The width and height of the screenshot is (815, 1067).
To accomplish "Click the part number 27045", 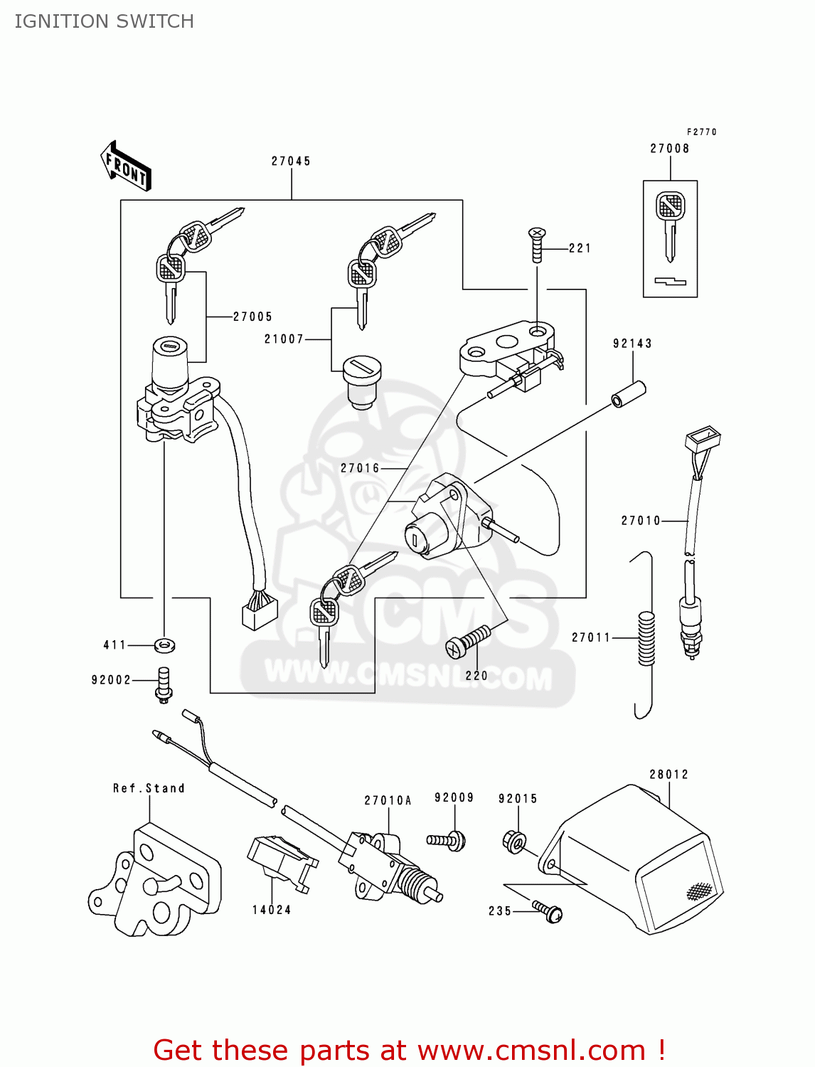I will click(x=291, y=161).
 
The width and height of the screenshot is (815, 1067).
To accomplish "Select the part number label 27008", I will click(x=669, y=149).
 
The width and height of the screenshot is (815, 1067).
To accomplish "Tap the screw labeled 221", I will click(x=537, y=243).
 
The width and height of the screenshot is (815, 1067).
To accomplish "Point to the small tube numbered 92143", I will click(x=629, y=395).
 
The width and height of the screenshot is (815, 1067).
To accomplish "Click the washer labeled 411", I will click(x=164, y=646).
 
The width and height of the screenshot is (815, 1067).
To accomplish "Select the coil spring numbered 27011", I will click(x=646, y=639).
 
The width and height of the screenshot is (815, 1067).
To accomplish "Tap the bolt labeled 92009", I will click(x=447, y=840).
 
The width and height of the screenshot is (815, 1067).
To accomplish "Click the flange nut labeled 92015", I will click(x=514, y=842).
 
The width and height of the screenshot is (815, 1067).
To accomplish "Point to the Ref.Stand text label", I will click(x=149, y=788).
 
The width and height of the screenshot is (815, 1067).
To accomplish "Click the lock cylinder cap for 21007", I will click(x=362, y=381).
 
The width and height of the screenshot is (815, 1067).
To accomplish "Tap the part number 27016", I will click(x=360, y=468).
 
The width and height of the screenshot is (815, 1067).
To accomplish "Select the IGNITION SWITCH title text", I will click(x=104, y=21).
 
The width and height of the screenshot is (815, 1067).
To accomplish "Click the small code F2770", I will click(x=701, y=132).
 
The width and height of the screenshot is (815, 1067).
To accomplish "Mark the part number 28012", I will click(x=668, y=775).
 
